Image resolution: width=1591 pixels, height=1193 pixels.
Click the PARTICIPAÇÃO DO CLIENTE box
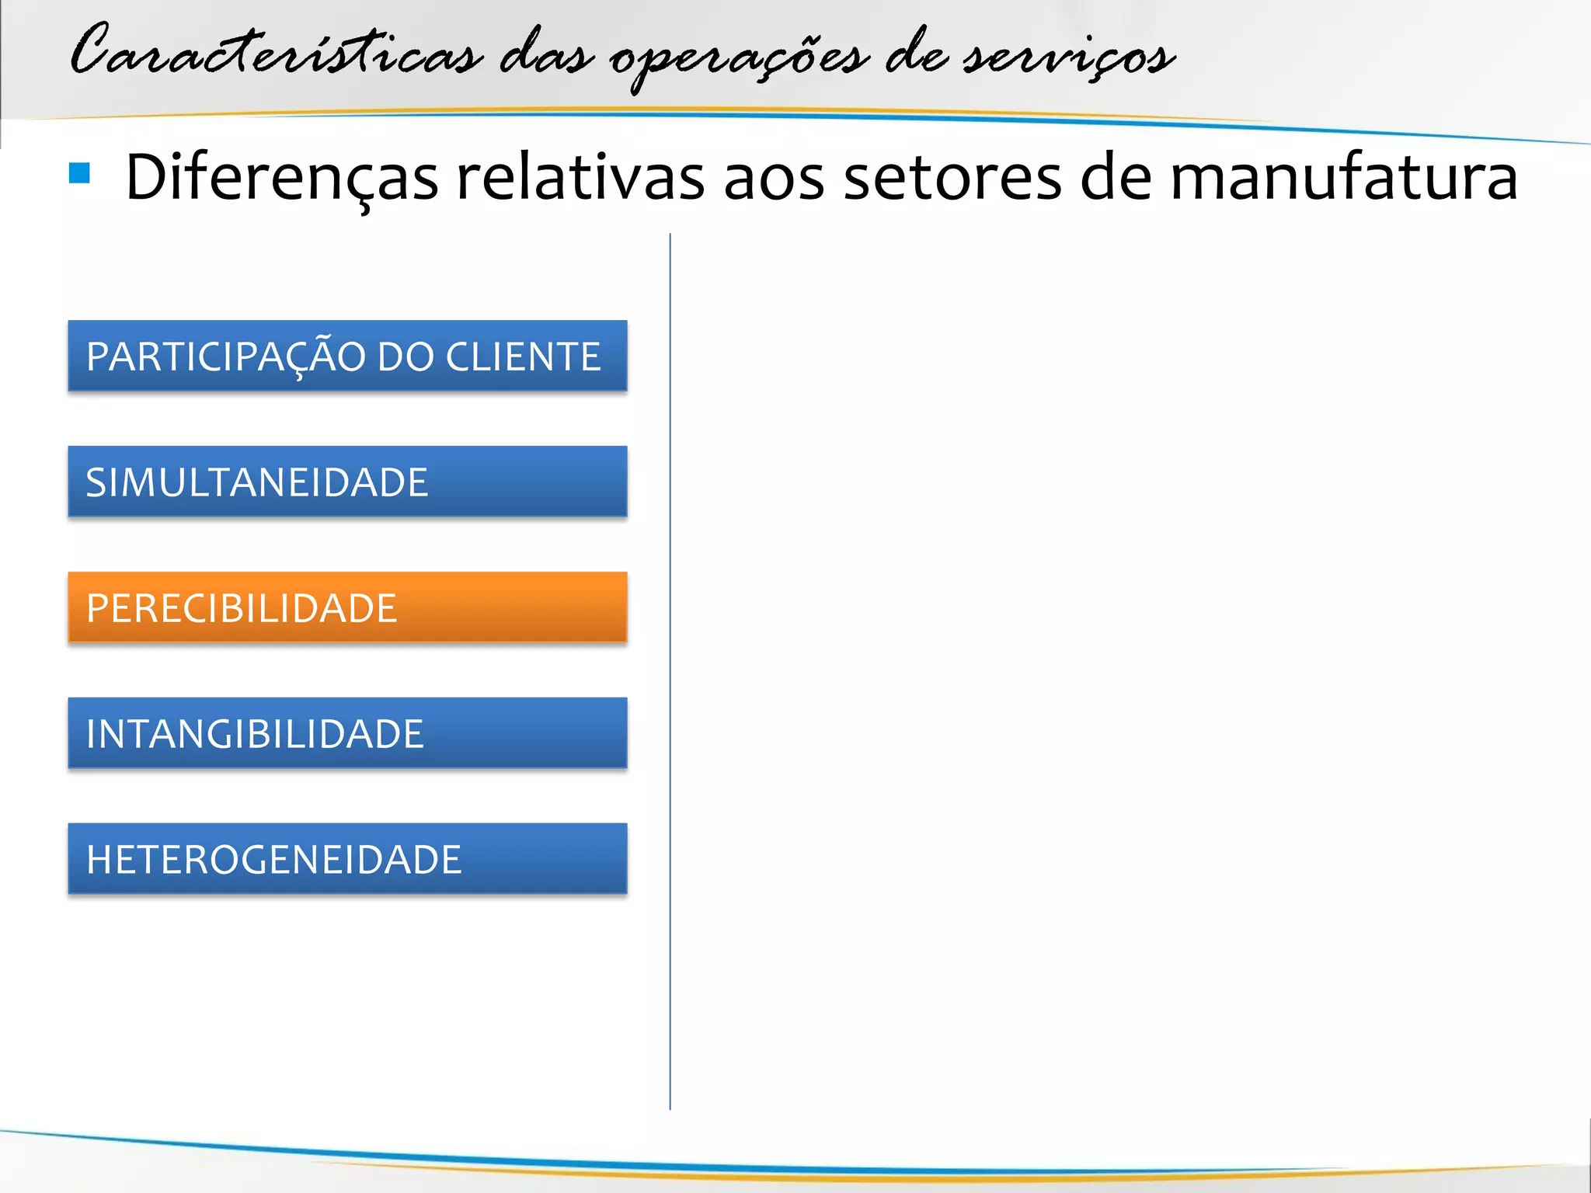[347, 356]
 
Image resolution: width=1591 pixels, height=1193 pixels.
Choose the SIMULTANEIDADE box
[347, 482]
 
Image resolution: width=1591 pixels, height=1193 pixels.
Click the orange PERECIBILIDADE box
[347, 607]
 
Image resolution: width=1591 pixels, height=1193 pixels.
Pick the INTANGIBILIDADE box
[347, 733]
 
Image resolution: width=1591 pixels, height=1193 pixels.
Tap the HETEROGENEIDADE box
[347, 859]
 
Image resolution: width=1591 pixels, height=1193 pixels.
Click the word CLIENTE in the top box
[523, 357]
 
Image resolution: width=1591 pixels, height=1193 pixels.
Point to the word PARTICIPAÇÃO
[225, 357]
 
